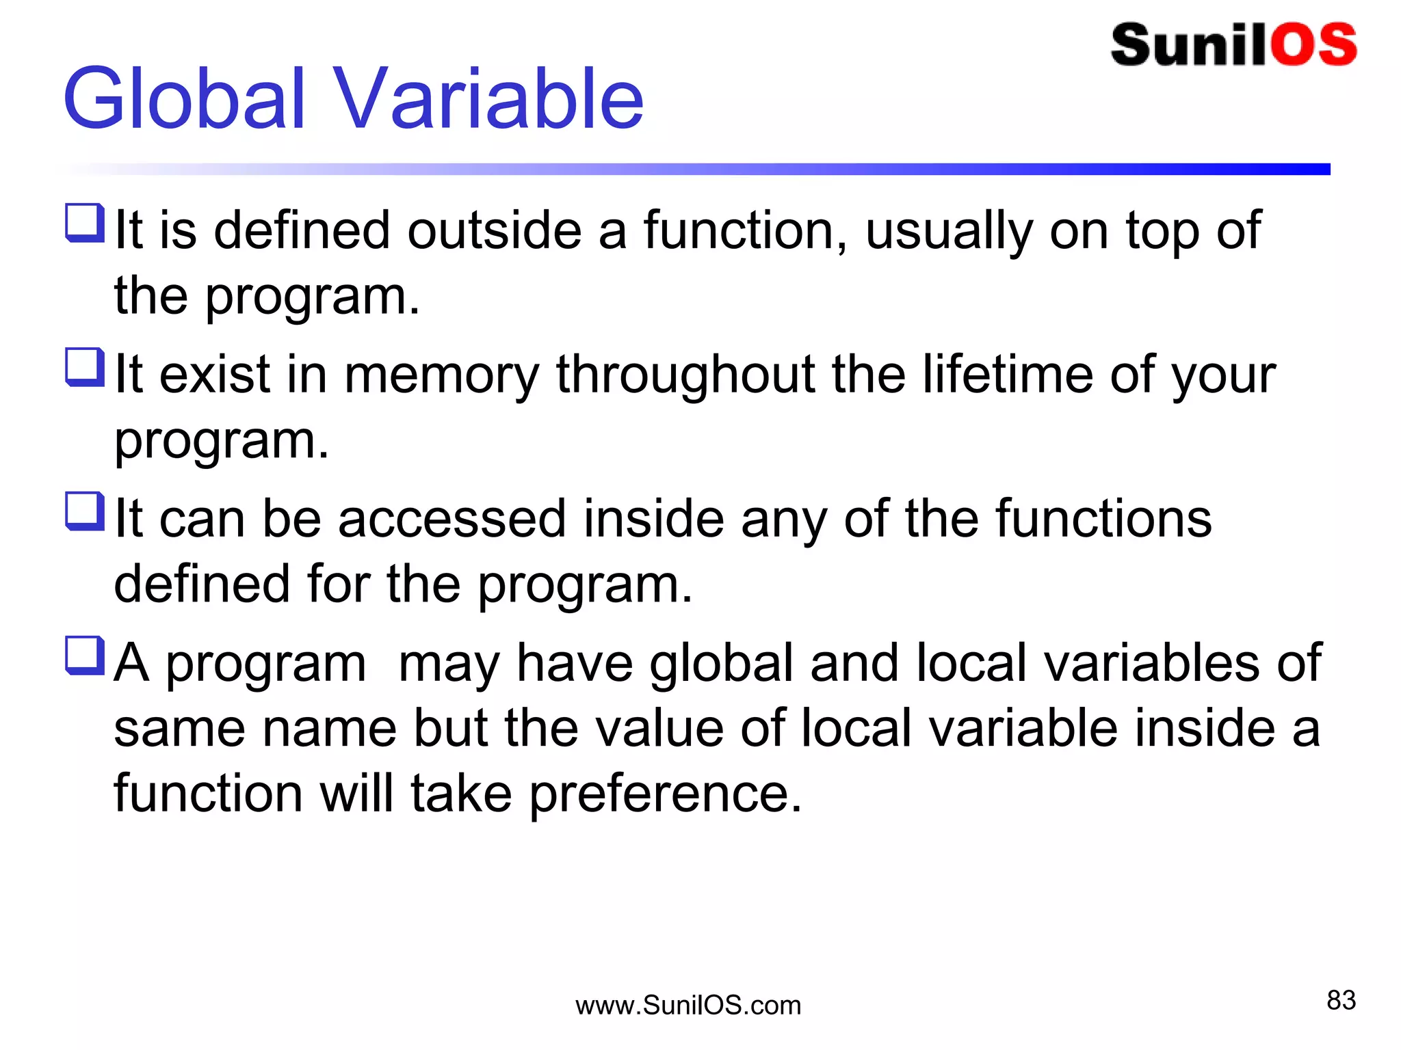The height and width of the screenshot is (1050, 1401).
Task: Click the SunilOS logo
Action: (x=1233, y=45)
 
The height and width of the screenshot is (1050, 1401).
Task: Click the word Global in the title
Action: (x=183, y=99)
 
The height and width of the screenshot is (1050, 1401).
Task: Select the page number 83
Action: (x=1341, y=1000)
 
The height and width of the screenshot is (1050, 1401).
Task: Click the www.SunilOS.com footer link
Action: (x=688, y=1006)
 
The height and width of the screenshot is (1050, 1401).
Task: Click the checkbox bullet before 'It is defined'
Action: (x=85, y=223)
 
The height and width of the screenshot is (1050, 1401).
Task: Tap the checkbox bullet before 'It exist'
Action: (x=85, y=367)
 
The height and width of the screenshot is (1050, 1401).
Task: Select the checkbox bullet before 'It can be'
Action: (x=85, y=511)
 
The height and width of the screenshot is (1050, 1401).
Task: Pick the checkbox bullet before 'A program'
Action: (x=85, y=656)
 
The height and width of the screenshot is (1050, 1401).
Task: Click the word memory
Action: (x=441, y=376)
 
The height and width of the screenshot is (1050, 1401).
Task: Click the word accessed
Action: (x=452, y=519)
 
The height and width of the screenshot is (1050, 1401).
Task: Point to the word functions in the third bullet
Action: (x=1103, y=519)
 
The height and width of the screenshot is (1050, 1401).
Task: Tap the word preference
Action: (x=665, y=795)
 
